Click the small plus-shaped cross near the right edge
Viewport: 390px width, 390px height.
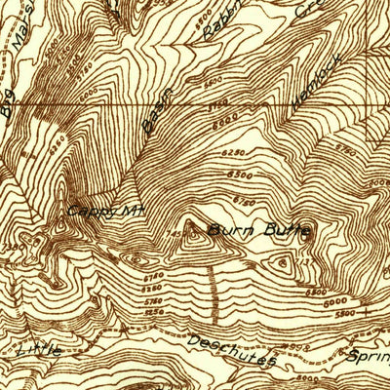coord(367,313)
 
